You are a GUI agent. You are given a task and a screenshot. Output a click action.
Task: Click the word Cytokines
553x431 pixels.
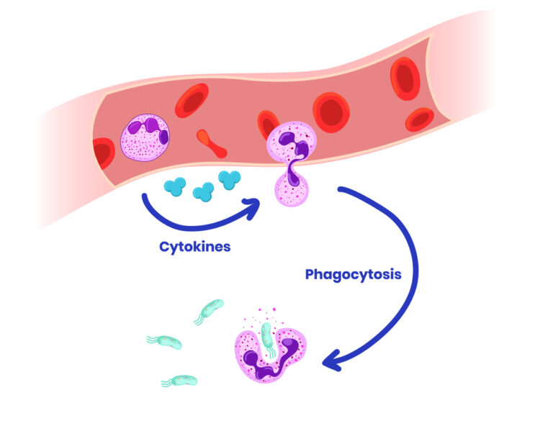click(x=194, y=247)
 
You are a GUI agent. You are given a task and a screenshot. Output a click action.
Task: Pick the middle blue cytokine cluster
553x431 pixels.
click(x=203, y=191)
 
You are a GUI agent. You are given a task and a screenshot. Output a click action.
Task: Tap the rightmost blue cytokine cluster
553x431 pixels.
click(x=230, y=179)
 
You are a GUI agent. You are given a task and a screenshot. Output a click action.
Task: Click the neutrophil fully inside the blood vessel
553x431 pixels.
click(x=144, y=136)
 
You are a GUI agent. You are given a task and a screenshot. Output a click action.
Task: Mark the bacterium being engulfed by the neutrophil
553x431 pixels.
click(x=268, y=337)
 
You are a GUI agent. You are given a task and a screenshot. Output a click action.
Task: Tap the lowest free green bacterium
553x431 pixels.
click(x=180, y=380)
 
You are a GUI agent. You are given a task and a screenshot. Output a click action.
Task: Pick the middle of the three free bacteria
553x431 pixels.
click(x=165, y=341)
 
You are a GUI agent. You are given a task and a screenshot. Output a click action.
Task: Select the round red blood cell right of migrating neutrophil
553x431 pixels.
click(x=331, y=112)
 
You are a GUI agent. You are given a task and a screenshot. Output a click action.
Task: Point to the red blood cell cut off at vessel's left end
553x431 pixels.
click(x=103, y=153)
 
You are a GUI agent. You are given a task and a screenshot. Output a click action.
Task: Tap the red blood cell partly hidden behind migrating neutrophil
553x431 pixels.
click(x=266, y=124)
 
